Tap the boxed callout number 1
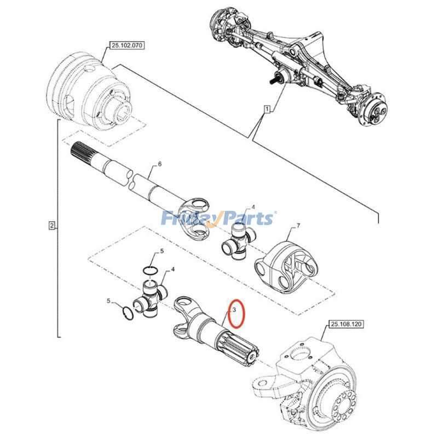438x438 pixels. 267,109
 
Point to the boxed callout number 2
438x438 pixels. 51,226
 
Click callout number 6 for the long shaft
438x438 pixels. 159,164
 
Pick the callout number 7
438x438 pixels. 298,226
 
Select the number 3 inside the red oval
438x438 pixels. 234,310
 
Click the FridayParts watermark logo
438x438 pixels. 219,219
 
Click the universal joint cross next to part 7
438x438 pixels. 237,241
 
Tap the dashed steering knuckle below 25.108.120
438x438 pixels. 312,383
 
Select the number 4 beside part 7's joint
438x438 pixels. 252,208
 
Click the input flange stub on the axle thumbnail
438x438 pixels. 274,78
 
